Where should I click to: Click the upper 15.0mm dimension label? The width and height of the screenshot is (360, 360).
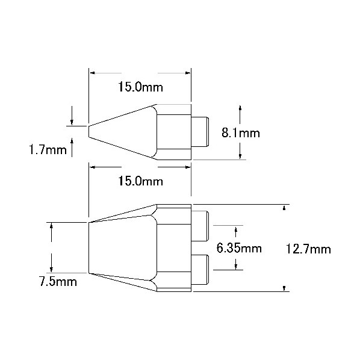(140, 87)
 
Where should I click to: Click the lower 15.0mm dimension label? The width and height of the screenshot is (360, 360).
(140, 181)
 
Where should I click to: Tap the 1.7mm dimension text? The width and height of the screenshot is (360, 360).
(48, 150)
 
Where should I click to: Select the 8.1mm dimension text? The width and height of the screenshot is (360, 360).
(241, 133)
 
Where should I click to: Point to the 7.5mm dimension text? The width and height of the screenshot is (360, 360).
(58, 282)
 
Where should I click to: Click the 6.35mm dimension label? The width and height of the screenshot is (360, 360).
(239, 248)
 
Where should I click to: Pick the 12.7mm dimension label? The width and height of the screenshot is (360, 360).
(308, 249)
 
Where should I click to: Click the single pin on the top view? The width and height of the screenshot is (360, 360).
(200, 132)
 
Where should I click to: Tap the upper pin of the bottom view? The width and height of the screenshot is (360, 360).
(200, 226)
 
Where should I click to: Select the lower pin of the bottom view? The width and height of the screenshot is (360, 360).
(200, 270)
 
